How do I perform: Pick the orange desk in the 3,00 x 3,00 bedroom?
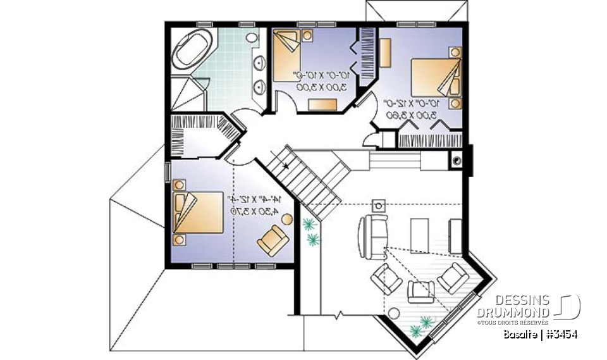click(x=323, y=103)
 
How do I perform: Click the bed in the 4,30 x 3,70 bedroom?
click(x=197, y=213)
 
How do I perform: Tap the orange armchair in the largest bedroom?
click(x=273, y=240)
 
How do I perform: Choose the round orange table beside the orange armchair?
click(x=286, y=220)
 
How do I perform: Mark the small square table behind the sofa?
click(x=379, y=204)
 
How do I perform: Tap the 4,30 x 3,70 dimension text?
click(x=255, y=210)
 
